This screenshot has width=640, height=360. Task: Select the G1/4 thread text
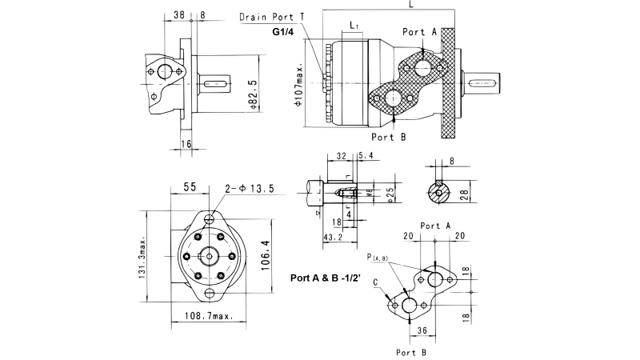point(283,33)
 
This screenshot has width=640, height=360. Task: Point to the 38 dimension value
point(178,14)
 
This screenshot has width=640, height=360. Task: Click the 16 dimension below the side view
point(186,143)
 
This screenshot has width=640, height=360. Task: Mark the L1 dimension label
point(354,26)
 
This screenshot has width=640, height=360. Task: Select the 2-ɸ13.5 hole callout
point(250,189)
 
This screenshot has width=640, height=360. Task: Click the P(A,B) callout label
point(377,258)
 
